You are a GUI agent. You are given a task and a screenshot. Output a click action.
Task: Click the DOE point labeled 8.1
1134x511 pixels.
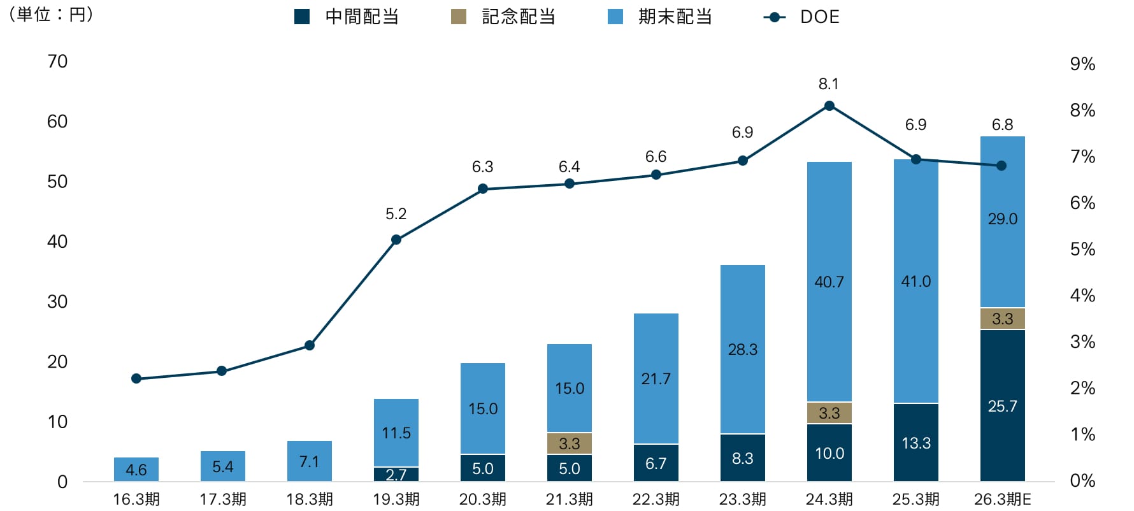[829, 106]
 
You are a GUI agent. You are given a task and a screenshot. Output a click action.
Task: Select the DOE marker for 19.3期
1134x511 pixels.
[396, 240]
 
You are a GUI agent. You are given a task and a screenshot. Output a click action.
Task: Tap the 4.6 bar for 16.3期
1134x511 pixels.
[136, 470]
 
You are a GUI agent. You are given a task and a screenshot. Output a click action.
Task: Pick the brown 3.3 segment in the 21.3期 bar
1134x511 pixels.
[570, 443]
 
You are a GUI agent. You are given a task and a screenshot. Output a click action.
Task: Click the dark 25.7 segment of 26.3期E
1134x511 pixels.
[1002, 406]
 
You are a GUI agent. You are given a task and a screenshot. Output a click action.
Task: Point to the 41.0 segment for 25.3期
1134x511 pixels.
[915, 281]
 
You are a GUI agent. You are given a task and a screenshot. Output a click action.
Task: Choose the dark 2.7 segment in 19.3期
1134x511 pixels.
[396, 475]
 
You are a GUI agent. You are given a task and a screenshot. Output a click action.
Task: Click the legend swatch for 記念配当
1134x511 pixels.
[459, 17]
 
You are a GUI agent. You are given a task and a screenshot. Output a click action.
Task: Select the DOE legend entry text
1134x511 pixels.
[819, 17]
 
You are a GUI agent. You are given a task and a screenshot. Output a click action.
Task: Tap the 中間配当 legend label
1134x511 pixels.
[362, 17]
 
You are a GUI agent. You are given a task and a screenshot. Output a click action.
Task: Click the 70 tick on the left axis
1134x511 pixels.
[57, 61]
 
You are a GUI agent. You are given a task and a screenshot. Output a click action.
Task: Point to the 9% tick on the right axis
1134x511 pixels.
[1082, 64]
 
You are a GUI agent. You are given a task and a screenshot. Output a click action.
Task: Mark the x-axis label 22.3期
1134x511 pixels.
[656, 499]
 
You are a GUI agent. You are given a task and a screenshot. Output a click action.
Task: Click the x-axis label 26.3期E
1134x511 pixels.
[1002, 499]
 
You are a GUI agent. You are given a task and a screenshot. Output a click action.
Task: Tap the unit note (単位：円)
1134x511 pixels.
[51, 14]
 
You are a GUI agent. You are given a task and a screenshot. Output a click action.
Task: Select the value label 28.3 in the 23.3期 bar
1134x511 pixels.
[743, 349]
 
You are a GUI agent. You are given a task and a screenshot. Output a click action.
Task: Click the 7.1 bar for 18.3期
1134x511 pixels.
[310, 461]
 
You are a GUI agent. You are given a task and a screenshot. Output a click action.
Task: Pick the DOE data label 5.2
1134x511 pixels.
[396, 214]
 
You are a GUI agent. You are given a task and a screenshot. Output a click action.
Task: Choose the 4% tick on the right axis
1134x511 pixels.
[1082, 295]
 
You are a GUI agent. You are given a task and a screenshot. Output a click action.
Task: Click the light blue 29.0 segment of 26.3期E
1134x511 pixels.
[1002, 219]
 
